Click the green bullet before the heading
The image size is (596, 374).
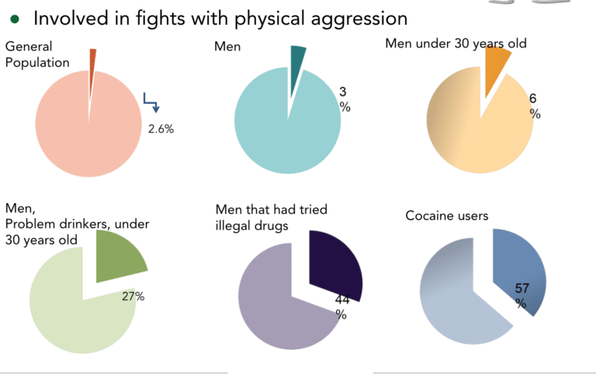click(15, 19)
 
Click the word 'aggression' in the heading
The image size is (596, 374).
click(359, 19)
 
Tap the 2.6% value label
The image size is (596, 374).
click(161, 129)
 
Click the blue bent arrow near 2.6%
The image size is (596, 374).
click(151, 102)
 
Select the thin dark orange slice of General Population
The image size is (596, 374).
click(92, 76)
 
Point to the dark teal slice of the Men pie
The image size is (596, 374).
click(296, 68)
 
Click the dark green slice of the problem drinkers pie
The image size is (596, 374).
click(118, 257)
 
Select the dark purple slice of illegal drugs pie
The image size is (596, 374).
click(334, 264)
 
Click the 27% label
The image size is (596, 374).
click(133, 296)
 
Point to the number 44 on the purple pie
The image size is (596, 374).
click(342, 300)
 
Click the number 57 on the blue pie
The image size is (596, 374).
click(521, 289)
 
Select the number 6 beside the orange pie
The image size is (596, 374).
click(533, 99)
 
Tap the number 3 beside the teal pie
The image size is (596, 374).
click(343, 92)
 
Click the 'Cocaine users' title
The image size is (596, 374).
click(447, 216)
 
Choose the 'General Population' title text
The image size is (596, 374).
click(37, 54)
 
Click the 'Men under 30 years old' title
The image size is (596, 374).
click(456, 43)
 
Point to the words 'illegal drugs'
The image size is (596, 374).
click(251, 226)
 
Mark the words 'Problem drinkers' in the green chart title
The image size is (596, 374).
click(57, 224)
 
